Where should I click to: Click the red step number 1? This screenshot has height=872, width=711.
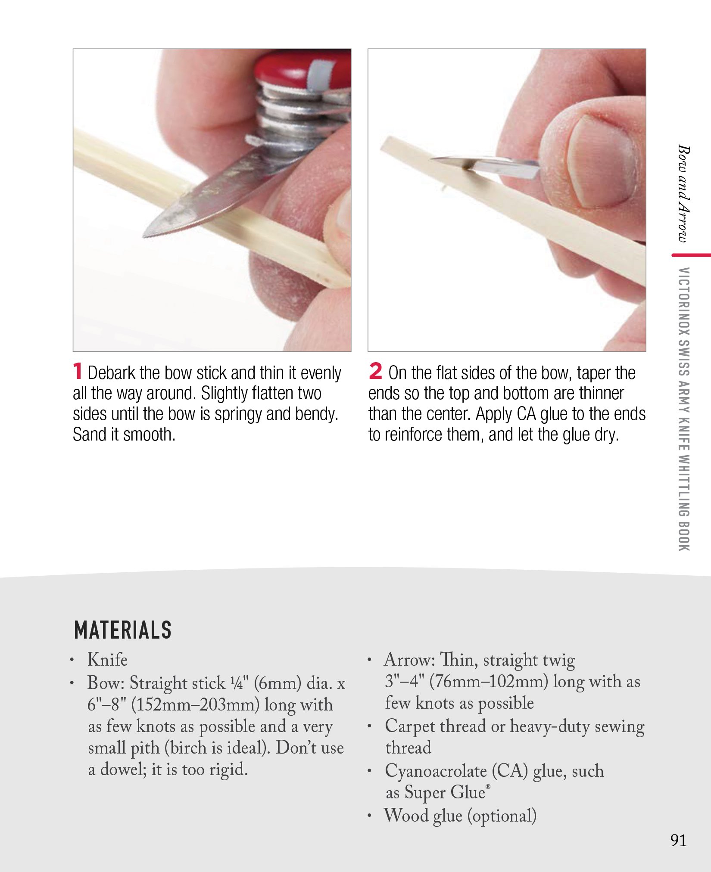[77, 371]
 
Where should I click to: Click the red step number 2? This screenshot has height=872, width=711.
[375, 371]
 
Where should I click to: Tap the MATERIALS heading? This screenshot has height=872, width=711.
[123, 630]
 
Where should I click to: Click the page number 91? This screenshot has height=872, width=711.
[678, 840]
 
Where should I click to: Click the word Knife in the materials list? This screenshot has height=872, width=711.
[107, 660]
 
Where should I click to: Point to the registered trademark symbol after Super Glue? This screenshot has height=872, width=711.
[488, 786]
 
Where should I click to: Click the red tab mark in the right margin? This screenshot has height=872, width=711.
[691, 255]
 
